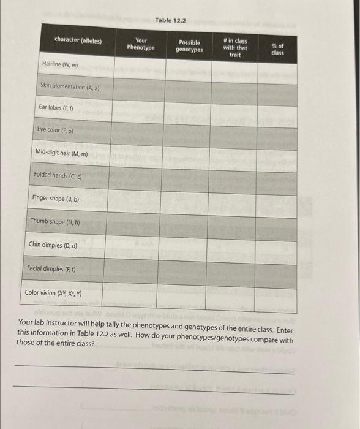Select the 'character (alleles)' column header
coord(78,40)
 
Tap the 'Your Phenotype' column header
coord(141,44)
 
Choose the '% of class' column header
coord(277,50)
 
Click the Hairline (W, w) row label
coord(60,64)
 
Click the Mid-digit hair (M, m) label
coord(62,152)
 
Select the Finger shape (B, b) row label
coord(56,199)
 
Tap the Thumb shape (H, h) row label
coord(55,222)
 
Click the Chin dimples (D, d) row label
coord(53,245)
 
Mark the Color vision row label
coord(53,292)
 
